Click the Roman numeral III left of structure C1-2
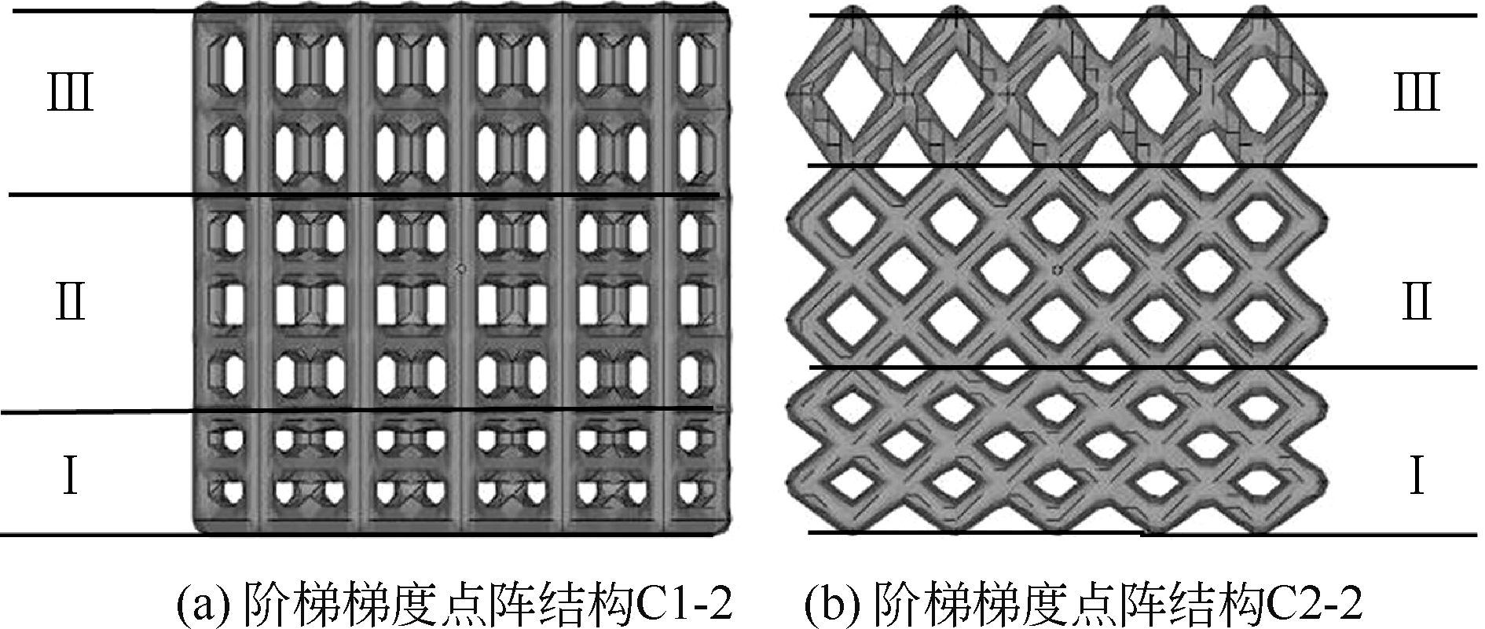point(71,93)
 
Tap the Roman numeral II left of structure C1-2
point(71,302)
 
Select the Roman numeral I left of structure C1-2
point(71,476)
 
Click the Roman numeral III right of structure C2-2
point(1416,93)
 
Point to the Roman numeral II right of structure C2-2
point(1416,302)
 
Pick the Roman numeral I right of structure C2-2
point(1416,476)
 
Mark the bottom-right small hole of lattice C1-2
point(691,492)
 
